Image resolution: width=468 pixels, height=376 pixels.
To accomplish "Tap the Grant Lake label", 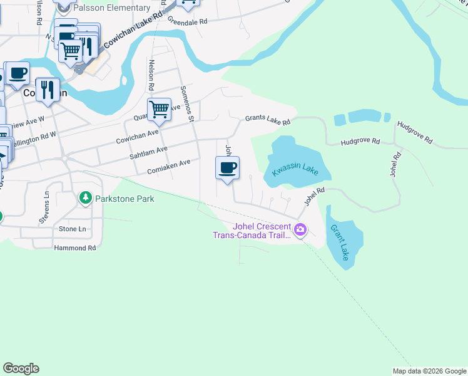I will click(x=340, y=243).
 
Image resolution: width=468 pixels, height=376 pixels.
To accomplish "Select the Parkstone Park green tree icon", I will click(x=86, y=199).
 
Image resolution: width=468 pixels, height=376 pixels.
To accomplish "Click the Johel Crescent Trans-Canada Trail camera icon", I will click(x=301, y=231).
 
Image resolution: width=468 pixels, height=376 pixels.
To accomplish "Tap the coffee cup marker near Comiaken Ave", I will click(x=227, y=169).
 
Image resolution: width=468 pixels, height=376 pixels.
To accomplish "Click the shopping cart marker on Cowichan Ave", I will click(x=159, y=111).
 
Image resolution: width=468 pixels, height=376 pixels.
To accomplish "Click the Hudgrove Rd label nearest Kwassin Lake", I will click(x=360, y=142).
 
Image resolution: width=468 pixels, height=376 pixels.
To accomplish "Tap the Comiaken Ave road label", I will click(x=168, y=166).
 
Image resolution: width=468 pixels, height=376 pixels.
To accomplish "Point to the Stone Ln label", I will click(x=72, y=229).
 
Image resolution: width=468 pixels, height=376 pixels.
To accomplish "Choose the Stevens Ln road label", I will click(x=46, y=203).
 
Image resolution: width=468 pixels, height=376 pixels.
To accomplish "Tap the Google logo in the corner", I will click(x=21, y=368).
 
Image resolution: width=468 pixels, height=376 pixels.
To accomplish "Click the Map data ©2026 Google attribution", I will click(x=429, y=371).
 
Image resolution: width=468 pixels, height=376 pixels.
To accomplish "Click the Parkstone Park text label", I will click(x=125, y=199).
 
